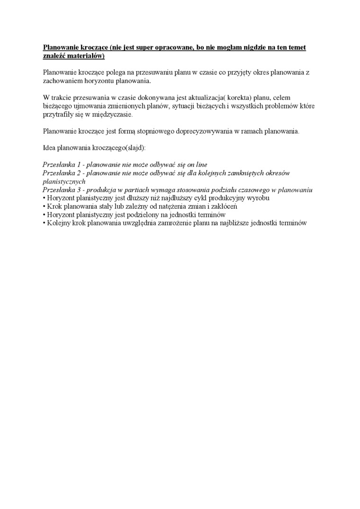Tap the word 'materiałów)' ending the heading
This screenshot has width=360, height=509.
[87, 56]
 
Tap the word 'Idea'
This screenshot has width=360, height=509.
[49, 148]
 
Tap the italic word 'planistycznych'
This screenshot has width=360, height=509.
[64, 181]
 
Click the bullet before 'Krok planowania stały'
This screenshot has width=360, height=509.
[44, 207]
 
